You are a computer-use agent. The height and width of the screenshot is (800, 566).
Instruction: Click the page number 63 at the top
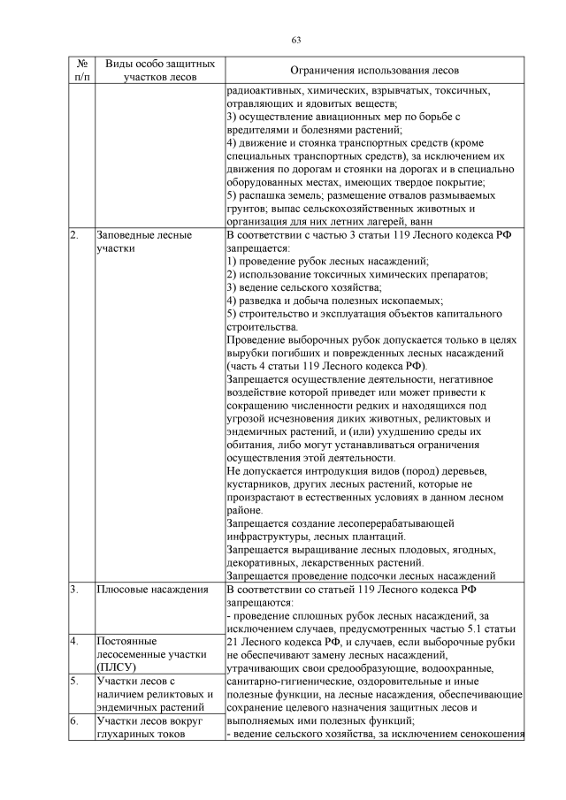click(296, 39)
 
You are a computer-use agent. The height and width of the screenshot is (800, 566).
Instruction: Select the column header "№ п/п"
click(81, 71)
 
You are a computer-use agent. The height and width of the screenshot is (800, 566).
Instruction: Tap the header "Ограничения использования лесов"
click(376, 71)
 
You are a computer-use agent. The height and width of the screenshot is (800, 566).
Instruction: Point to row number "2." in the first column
click(73, 236)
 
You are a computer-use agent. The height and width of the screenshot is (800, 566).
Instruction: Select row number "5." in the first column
click(73, 681)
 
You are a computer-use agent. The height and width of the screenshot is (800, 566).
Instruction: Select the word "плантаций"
click(370, 536)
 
